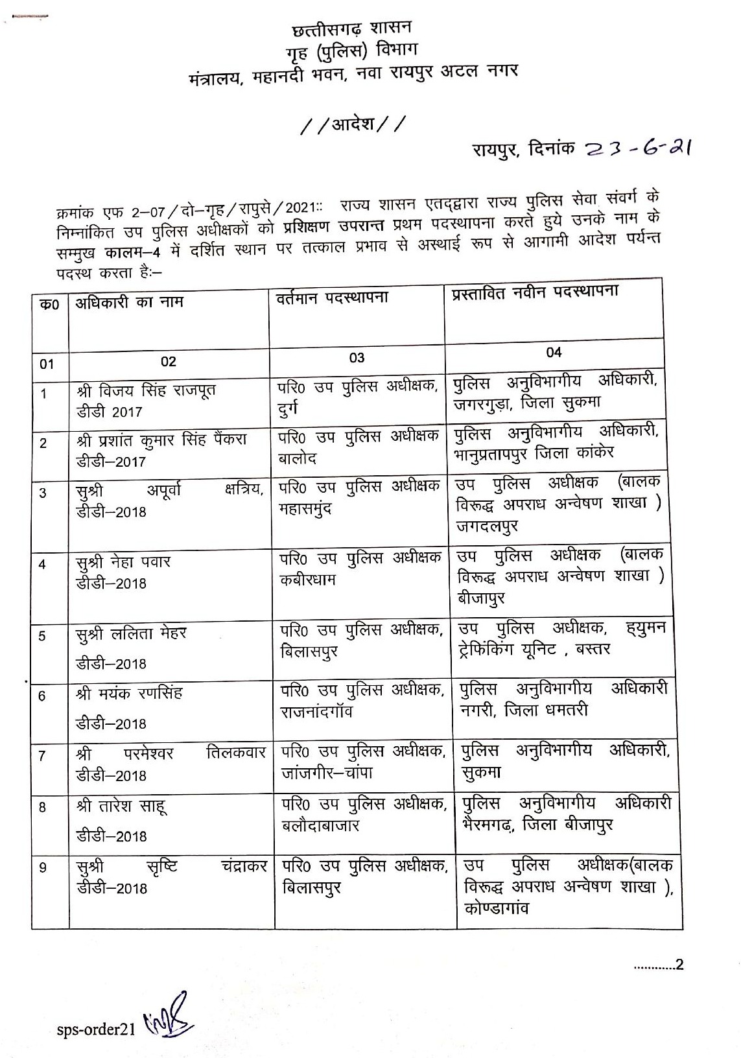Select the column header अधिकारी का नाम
[129, 301]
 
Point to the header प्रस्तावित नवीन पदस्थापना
[535, 291]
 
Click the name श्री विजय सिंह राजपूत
[145, 390]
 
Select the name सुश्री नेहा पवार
[123, 561]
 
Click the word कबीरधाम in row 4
[307, 580]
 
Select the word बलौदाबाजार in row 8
[321, 826]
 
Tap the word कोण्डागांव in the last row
[497, 908]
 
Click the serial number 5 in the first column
[42, 635]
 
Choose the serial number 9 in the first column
[43, 866]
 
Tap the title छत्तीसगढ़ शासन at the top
[352, 29]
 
